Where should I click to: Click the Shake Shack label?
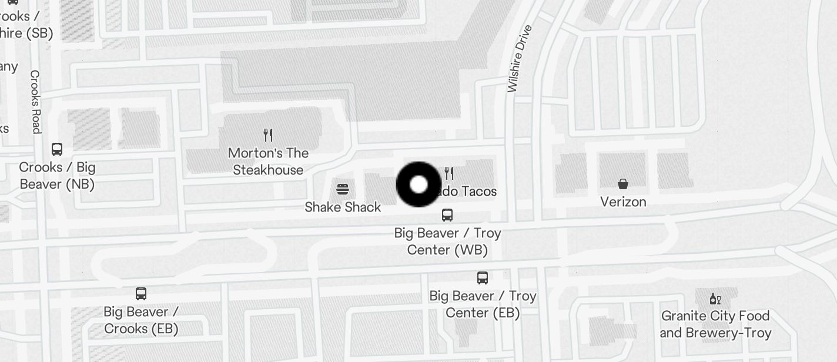point(343,207)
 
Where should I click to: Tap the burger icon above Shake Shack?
point(343,189)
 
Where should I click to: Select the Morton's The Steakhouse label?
point(268,162)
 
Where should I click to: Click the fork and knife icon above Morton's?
point(268,135)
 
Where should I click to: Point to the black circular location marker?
point(418,185)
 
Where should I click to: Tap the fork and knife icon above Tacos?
point(449,173)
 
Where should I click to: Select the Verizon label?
point(623,202)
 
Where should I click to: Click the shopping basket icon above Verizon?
point(623,185)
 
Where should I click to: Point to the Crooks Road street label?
point(36,102)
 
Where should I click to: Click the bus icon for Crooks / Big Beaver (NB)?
point(57,149)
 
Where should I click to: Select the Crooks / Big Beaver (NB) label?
point(57,176)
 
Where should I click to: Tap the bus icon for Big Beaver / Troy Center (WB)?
point(447,215)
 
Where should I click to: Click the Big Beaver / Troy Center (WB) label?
point(447,242)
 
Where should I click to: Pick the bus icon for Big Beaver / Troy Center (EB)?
point(483,278)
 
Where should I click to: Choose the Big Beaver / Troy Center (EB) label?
point(483,304)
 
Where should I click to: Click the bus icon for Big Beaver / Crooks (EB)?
point(141,294)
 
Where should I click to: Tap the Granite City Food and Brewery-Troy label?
point(715,324)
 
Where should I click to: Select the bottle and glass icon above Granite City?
point(715,299)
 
